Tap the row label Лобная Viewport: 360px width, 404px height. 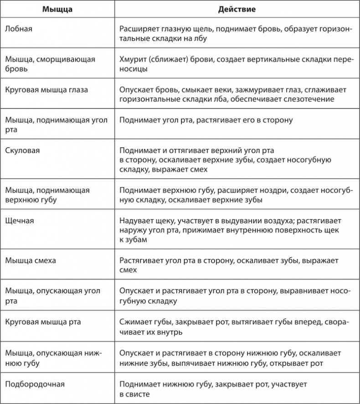(x=18, y=29)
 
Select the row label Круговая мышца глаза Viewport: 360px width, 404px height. (x=46, y=90)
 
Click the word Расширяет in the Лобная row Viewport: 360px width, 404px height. (x=139, y=29)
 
